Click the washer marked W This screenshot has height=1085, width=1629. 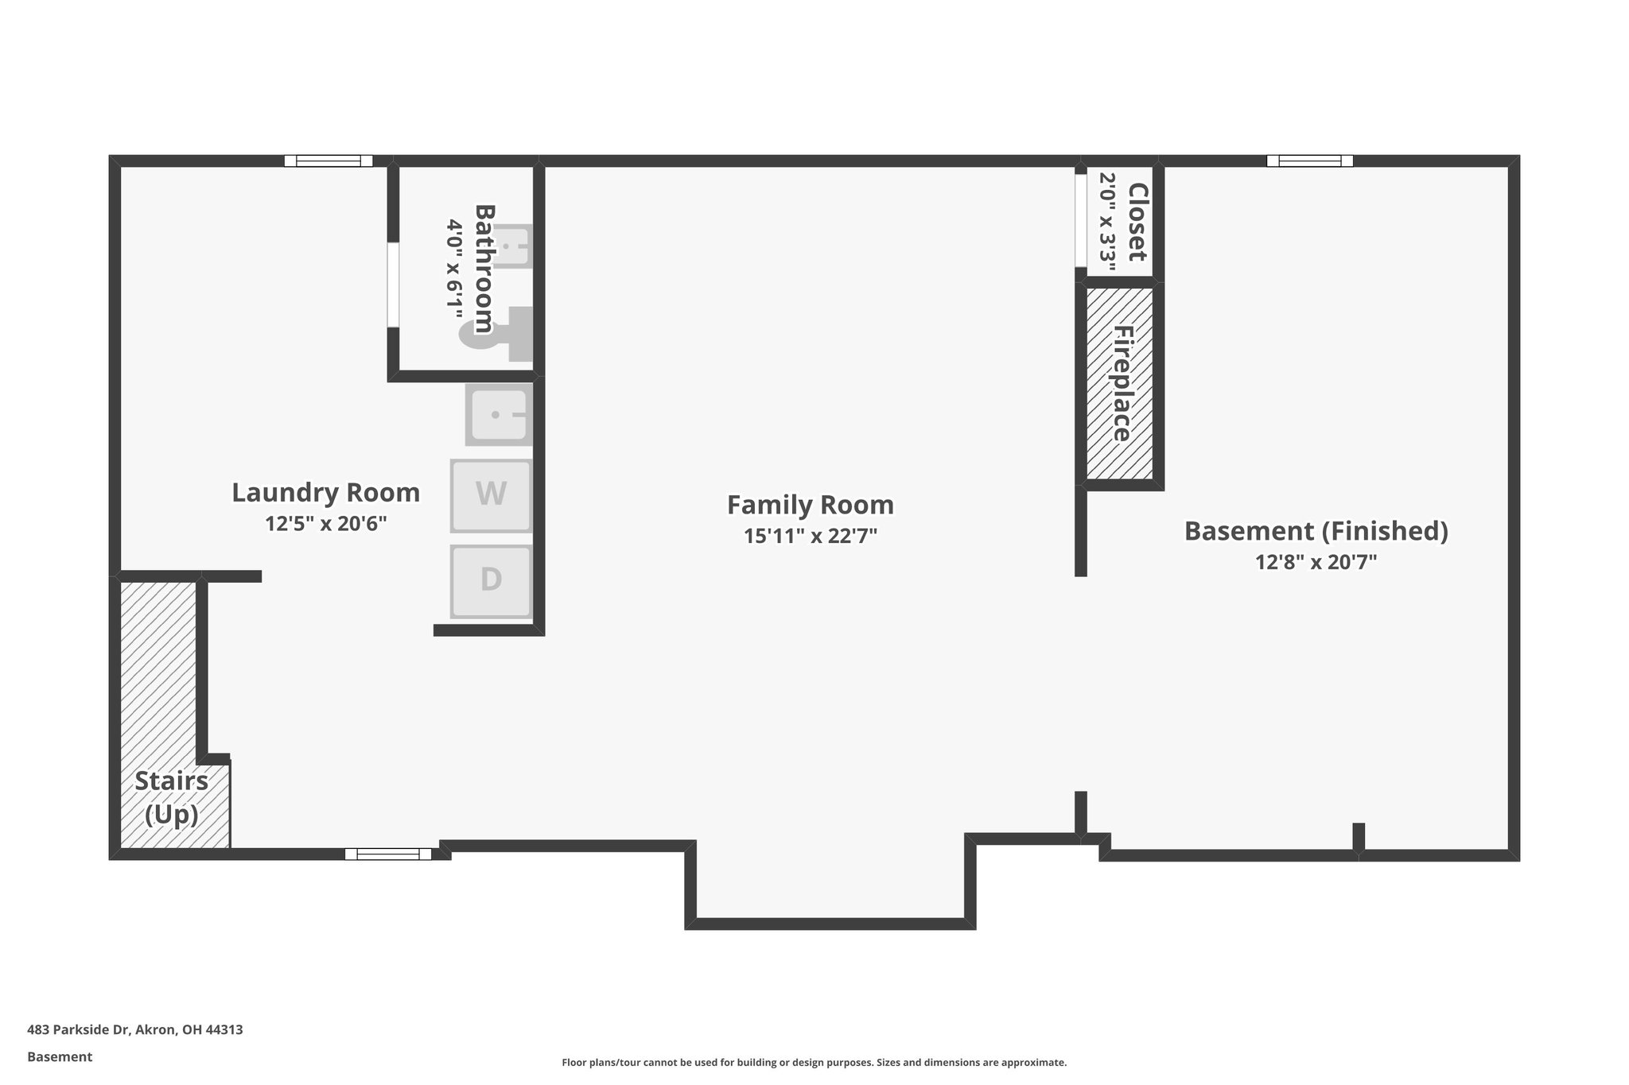(491, 495)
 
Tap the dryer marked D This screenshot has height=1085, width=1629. (491, 580)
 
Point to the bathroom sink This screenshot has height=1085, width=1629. (514, 246)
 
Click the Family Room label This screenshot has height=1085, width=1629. (810, 506)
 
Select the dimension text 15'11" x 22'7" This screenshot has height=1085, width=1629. (810, 536)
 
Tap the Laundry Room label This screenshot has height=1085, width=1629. (325, 493)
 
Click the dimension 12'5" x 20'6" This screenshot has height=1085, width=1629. (325, 524)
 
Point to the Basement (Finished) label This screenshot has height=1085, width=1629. (1316, 531)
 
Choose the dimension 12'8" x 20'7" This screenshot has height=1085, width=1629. (1316, 562)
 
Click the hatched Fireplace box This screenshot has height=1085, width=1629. (1120, 383)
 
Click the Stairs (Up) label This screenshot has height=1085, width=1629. (172, 797)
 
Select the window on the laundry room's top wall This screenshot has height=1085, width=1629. (329, 161)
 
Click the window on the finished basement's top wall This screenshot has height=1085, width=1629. (1309, 161)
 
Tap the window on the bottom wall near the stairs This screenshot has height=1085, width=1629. (388, 854)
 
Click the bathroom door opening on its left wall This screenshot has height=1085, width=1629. (393, 285)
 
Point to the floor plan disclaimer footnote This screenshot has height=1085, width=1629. (814, 1062)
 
